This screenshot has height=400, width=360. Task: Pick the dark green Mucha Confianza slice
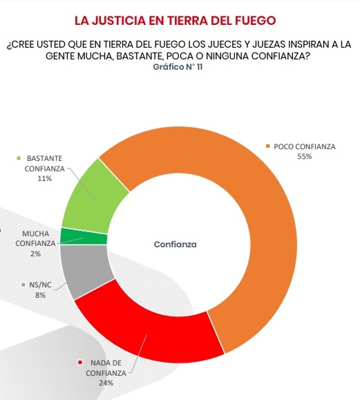pos(84,236)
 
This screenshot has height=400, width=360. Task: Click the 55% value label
pos(305,156)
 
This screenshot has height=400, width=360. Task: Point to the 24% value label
pos(106,383)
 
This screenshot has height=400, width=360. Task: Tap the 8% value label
pos(40,295)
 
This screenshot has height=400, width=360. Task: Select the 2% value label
pos(35,254)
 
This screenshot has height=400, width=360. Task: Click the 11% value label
pos(45,178)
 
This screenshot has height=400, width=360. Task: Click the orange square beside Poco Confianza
pos(267,146)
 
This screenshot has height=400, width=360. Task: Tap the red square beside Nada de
pos(80,363)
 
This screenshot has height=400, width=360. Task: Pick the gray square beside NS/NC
pos(23,285)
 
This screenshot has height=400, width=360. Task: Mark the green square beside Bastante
pos(19,158)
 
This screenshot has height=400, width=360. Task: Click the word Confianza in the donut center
pos(176,245)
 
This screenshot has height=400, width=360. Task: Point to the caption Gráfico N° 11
pos(178,67)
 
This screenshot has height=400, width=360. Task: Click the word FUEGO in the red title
pos(255,21)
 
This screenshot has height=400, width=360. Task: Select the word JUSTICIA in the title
pos(119,21)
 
